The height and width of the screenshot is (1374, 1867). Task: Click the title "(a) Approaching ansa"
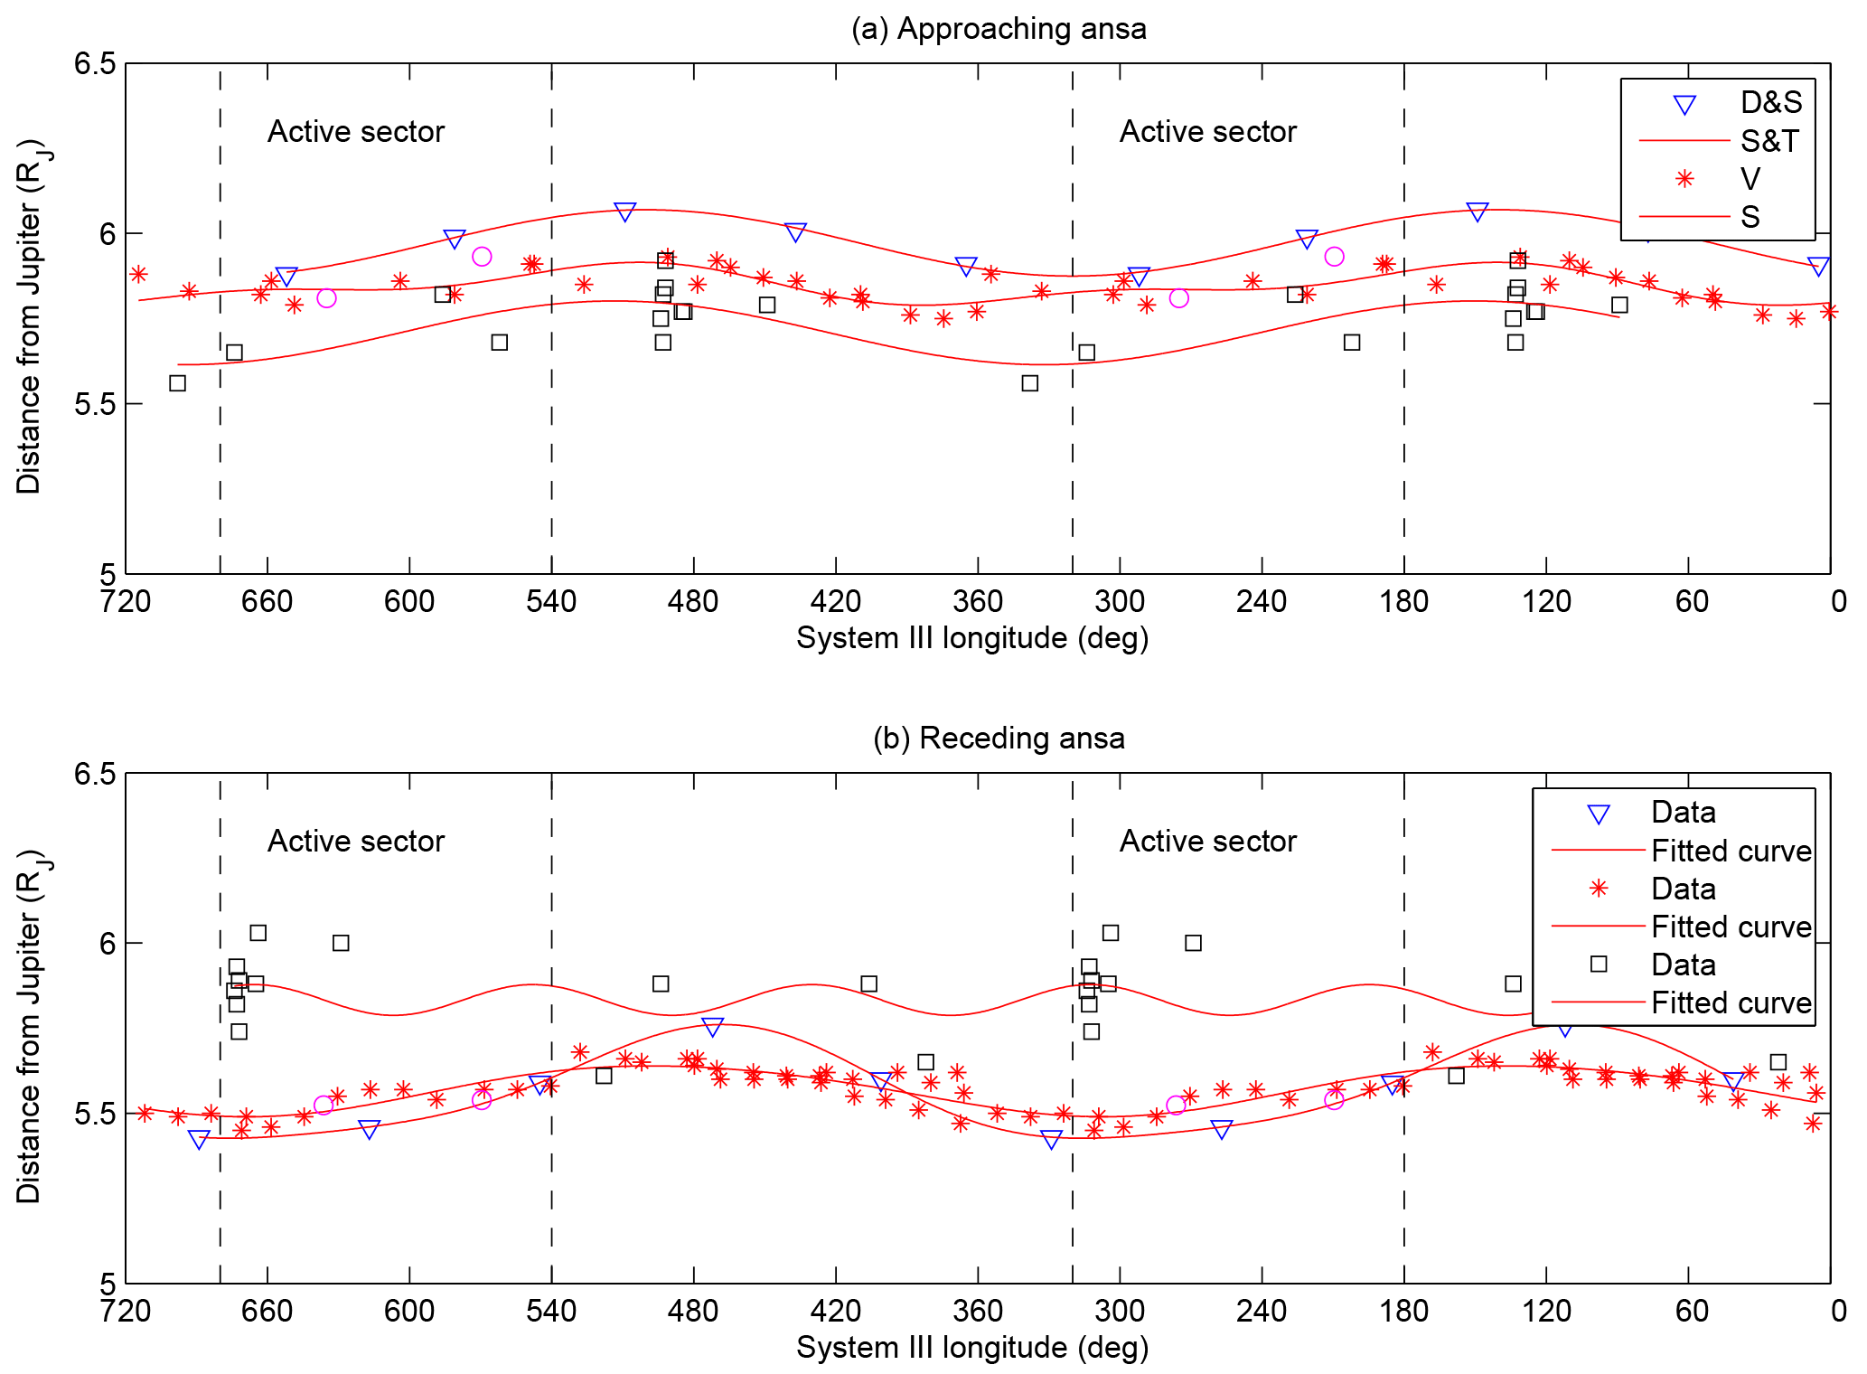[999, 29]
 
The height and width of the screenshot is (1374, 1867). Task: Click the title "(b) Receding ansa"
[999, 739]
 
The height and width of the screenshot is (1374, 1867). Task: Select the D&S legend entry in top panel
[1770, 103]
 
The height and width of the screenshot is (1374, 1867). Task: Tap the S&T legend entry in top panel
[1769, 141]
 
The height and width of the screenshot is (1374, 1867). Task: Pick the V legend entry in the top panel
[1750, 179]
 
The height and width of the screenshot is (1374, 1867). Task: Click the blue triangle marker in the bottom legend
[1599, 814]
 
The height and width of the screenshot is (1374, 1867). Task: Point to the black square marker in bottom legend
[1599, 964]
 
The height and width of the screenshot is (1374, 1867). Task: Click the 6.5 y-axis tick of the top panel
[95, 64]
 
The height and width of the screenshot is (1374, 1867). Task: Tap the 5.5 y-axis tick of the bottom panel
[95, 1114]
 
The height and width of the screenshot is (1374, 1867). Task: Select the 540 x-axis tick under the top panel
[551, 601]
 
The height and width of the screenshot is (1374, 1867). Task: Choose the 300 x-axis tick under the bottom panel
[1120, 1311]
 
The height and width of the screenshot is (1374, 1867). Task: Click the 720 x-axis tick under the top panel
[126, 601]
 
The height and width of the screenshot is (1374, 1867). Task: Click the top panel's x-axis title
[972, 638]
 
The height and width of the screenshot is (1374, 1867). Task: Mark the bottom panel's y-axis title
[30, 1027]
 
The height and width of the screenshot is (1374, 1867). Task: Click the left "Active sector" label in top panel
[356, 132]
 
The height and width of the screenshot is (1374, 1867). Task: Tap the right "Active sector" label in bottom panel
[1208, 842]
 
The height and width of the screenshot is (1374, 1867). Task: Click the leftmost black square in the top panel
[178, 383]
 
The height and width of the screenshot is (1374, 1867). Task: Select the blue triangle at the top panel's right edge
[1819, 266]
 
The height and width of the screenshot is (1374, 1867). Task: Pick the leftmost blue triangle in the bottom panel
[200, 1139]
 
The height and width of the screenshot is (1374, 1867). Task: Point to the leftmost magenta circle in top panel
[326, 298]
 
